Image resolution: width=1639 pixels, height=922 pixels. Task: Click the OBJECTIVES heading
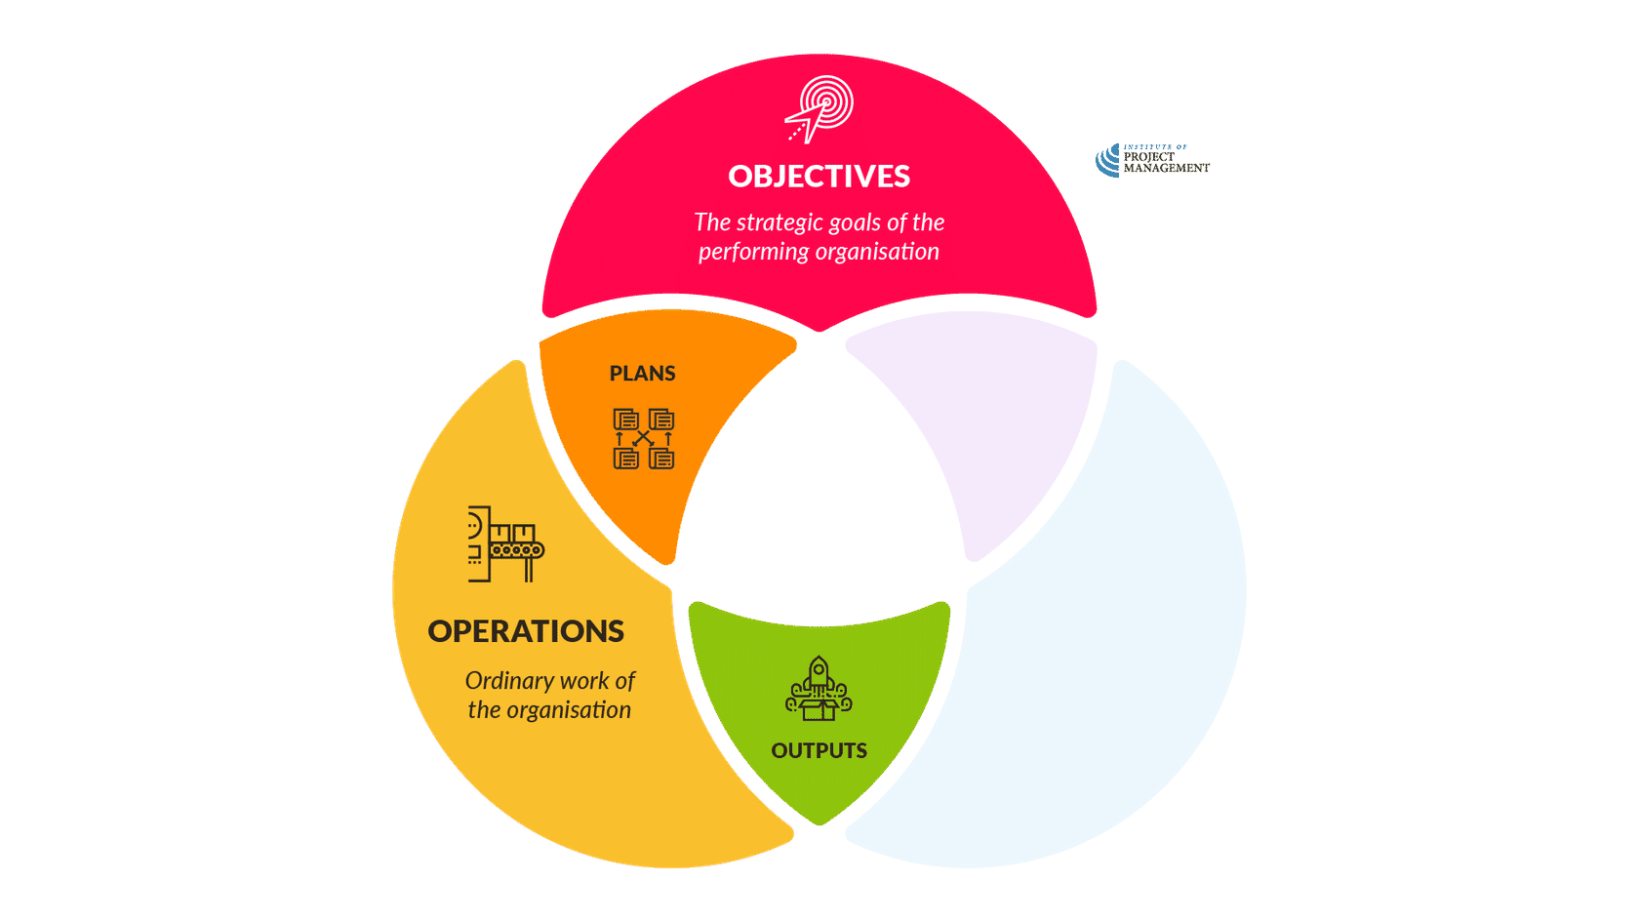tap(819, 177)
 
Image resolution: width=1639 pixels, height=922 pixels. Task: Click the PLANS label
tap(642, 374)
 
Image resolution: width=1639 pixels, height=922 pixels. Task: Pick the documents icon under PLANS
tap(643, 439)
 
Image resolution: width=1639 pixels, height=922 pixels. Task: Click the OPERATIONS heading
tap(526, 631)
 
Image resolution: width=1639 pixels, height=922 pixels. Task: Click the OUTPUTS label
tap(819, 750)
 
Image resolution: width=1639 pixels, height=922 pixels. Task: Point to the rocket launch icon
tap(819, 689)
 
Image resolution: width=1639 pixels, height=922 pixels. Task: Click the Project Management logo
tap(1151, 161)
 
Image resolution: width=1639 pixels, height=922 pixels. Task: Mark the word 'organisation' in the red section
tap(878, 252)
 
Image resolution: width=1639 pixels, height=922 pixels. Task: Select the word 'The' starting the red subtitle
tap(712, 223)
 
